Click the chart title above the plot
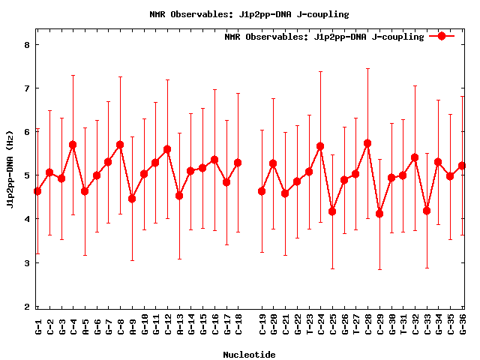click(x=240, y=13)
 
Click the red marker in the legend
click(x=442, y=36)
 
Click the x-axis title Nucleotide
click(x=249, y=354)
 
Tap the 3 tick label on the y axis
click(x=27, y=263)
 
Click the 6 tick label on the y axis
click(x=27, y=132)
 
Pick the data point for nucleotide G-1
click(x=37, y=191)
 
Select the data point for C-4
click(x=73, y=145)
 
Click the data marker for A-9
click(x=132, y=199)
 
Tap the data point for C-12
click(x=167, y=149)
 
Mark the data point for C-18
click(x=238, y=163)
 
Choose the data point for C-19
click(x=262, y=191)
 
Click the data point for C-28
click(x=367, y=143)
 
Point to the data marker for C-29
click(x=379, y=214)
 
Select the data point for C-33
click(x=427, y=211)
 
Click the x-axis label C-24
click(x=321, y=324)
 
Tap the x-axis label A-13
click(x=180, y=324)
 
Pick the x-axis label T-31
click(x=403, y=324)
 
